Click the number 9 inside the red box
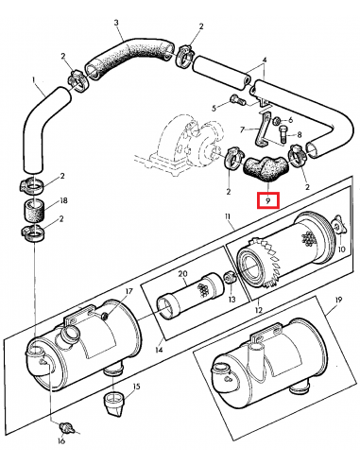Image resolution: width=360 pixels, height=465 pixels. pyautogui.click(x=267, y=201)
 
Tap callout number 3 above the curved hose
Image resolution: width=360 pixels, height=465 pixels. pyautogui.click(x=116, y=23)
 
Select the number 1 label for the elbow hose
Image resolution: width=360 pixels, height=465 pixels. pyautogui.click(x=34, y=80)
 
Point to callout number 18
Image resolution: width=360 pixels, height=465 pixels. pyautogui.click(x=63, y=200)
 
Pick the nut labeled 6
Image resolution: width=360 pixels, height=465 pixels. pyautogui.click(x=277, y=120)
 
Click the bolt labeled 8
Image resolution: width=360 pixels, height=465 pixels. pyautogui.click(x=283, y=133)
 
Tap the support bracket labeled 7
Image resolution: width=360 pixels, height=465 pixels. pyautogui.click(x=264, y=129)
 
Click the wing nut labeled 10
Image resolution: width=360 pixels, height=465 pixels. pyautogui.click(x=339, y=225)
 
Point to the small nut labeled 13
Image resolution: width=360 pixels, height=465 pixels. pyautogui.click(x=230, y=278)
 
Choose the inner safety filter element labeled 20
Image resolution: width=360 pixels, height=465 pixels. pyautogui.click(x=191, y=296)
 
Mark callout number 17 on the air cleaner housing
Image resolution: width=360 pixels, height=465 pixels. pyautogui.click(x=129, y=291)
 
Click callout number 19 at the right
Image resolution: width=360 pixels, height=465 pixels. pyautogui.click(x=337, y=300)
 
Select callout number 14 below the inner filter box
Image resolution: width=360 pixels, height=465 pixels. pyautogui.click(x=159, y=350)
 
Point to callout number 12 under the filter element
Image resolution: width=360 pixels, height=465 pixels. pyautogui.click(x=259, y=310)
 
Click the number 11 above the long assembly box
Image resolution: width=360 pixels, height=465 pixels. pyautogui.click(x=228, y=216)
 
